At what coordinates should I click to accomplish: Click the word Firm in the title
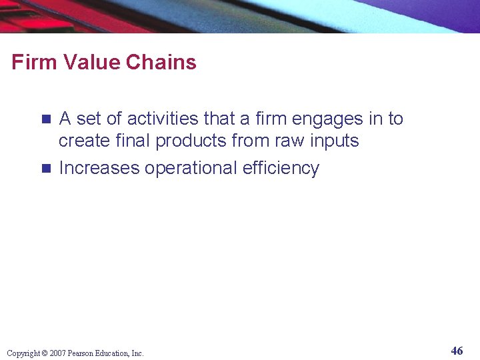(x=31, y=63)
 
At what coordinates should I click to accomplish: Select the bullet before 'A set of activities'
(x=46, y=119)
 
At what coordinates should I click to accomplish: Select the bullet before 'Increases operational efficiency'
(x=46, y=169)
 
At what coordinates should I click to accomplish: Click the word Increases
(x=99, y=168)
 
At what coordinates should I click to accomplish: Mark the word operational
(x=191, y=169)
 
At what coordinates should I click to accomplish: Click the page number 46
(x=457, y=351)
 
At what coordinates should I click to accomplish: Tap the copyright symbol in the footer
(x=45, y=353)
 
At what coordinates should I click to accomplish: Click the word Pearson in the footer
(x=83, y=353)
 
